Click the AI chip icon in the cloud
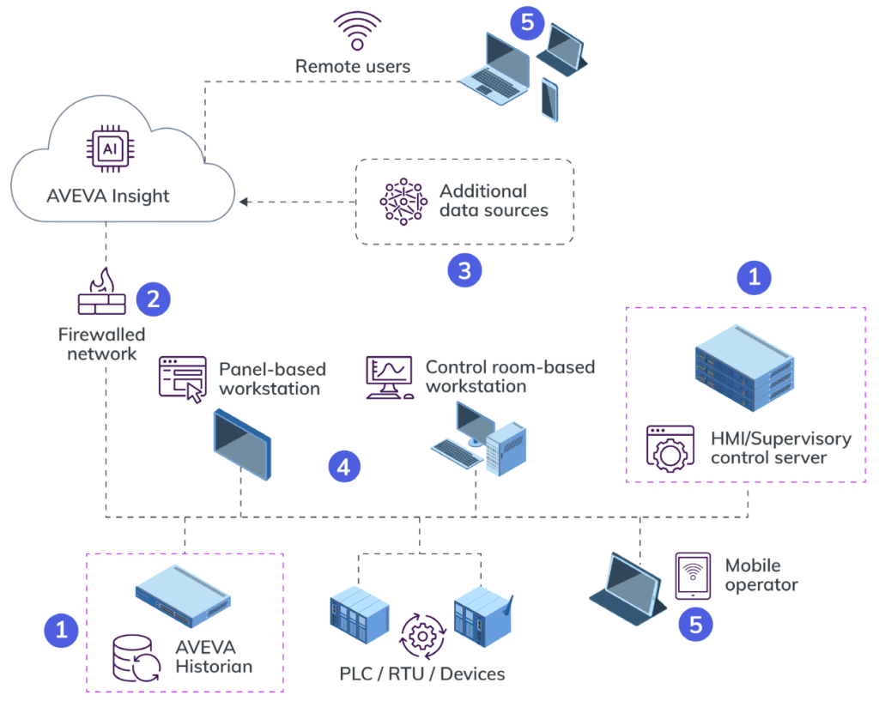pos(109,148)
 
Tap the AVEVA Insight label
pos(108,196)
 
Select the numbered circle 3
pos(464,271)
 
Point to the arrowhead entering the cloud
pos(244,202)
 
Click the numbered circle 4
pos(344,467)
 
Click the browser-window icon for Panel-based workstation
pos(183,379)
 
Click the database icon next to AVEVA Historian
pos(136,660)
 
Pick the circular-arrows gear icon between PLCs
pos(421,635)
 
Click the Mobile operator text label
pos(761,575)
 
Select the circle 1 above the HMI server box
pos(755,277)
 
